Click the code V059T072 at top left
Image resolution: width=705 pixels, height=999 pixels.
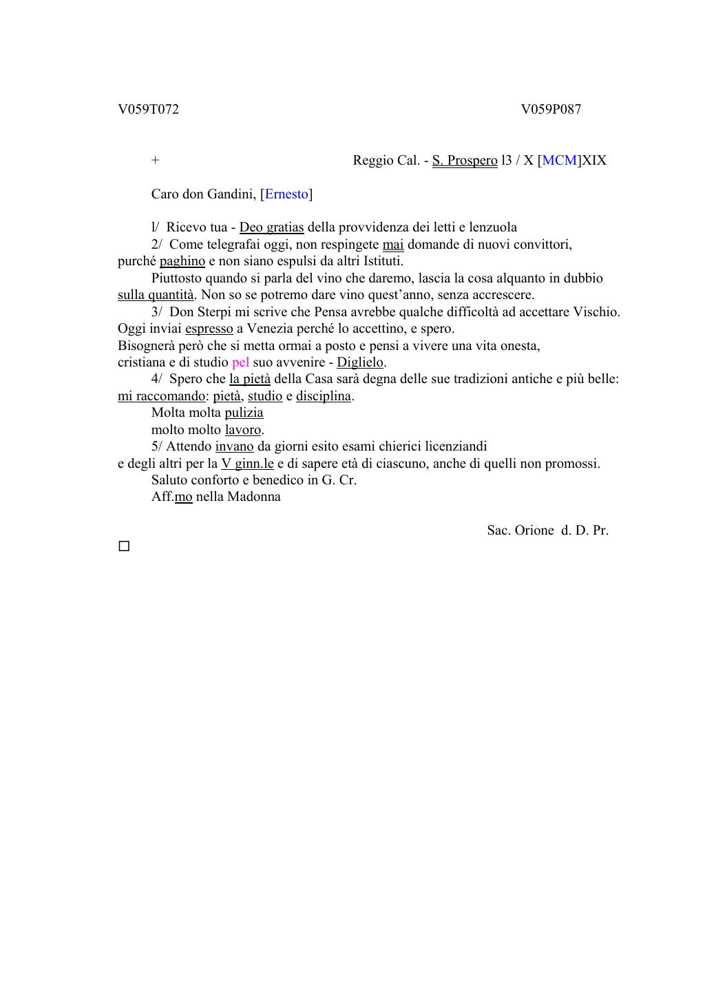coord(148,110)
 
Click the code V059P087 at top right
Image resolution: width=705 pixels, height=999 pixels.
coord(551,110)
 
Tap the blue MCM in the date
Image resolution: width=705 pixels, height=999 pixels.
coord(560,161)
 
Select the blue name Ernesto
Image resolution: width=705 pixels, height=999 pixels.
coord(286,194)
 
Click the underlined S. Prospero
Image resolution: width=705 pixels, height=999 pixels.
coord(465,161)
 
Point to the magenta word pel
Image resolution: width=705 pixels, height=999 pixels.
coord(240,362)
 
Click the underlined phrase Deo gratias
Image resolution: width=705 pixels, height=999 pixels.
coord(271,227)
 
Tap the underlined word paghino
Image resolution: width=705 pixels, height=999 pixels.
coord(182,261)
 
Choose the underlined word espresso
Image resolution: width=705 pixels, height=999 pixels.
coord(209,329)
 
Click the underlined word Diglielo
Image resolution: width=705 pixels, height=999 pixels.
coord(359,362)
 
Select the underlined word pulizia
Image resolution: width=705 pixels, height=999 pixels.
coord(244,413)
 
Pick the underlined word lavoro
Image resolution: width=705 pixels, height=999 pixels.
coord(243,430)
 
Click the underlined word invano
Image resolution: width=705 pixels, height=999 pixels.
coord(234,446)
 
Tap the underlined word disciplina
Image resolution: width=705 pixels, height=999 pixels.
coord(324,396)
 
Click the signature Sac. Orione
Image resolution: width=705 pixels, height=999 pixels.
coord(520,531)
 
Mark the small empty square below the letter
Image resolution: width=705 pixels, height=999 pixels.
coord(124,546)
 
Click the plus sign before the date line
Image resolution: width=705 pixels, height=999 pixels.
coord(156,161)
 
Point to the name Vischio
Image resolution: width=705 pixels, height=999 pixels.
coord(596,312)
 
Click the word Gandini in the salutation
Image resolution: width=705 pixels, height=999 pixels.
coord(230,194)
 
